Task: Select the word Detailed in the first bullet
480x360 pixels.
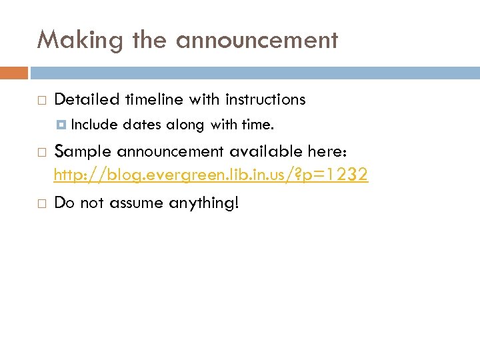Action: click(x=86, y=100)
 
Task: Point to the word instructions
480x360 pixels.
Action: click(x=265, y=100)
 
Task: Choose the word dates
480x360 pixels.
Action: click(x=142, y=124)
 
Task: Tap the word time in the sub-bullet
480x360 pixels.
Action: click(x=257, y=124)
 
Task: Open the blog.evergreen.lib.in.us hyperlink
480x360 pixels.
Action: click(x=211, y=175)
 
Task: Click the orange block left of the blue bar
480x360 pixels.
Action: click(x=14, y=72)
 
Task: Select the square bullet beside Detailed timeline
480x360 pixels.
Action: click(x=41, y=101)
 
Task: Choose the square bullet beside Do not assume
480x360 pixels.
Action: click(x=41, y=202)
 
